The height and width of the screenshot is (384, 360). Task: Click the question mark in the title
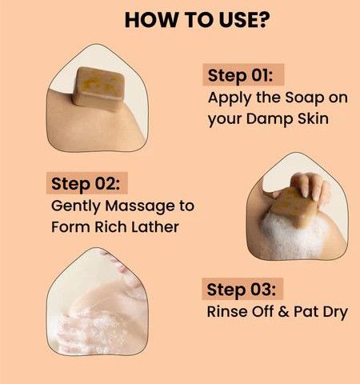(x=263, y=19)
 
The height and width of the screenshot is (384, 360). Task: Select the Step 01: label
(x=241, y=76)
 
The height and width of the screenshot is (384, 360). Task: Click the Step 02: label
(x=86, y=184)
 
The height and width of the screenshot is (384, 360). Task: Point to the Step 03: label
(x=242, y=290)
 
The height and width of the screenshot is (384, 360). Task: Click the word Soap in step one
(x=304, y=98)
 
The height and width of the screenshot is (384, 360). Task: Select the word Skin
(x=313, y=118)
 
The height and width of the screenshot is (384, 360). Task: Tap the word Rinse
(x=227, y=311)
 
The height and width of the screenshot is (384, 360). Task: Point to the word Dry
(x=335, y=312)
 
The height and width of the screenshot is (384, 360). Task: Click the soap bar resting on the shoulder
(x=99, y=89)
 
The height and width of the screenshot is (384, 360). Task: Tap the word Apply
(x=230, y=98)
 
